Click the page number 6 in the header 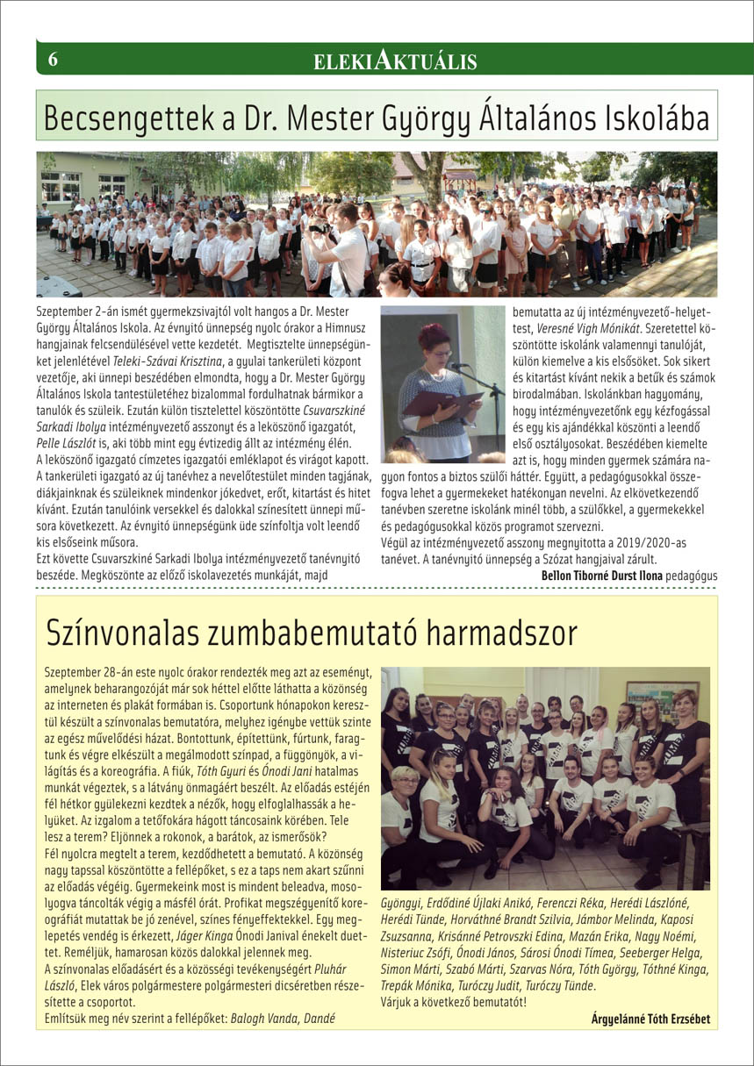[53, 60]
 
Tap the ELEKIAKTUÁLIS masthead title [395, 61]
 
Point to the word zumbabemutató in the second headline [287, 632]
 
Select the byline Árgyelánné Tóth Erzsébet [650, 1019]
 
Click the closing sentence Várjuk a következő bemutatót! [453, 1002]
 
